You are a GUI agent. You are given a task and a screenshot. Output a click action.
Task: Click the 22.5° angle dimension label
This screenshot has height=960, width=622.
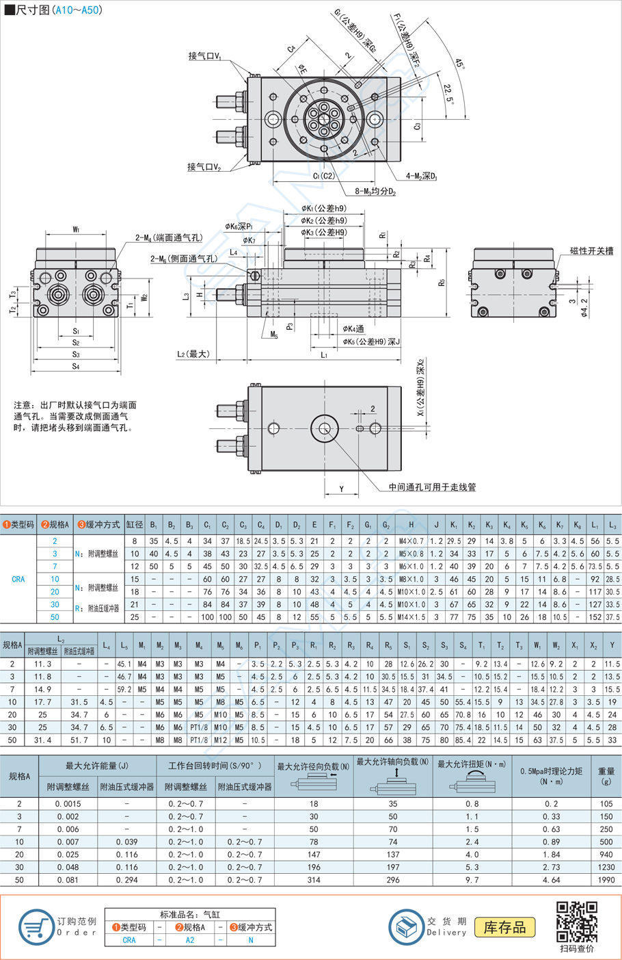[448, 94]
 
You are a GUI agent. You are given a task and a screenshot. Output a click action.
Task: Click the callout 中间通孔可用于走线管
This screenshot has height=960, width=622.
[432, 487]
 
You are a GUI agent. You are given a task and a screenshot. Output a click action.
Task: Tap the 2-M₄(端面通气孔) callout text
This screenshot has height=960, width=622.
[168, 237]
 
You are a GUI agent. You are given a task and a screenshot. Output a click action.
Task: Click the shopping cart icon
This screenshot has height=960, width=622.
[36, 927]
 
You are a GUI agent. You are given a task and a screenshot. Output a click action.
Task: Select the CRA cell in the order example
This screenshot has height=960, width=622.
[129, 940]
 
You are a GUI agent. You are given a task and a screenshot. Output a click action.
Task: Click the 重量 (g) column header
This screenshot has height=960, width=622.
[606, 775]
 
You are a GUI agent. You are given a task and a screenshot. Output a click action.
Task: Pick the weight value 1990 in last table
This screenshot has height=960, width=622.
[606, 880]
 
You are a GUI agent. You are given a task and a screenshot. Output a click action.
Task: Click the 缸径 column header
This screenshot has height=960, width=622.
[135, 525]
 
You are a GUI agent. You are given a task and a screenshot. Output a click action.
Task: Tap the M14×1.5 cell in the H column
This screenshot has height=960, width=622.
[411, 617]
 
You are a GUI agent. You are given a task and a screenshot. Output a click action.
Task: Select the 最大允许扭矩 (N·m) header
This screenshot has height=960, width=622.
[472, 764]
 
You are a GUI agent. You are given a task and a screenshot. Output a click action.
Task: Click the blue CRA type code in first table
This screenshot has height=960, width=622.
[18, 579]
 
